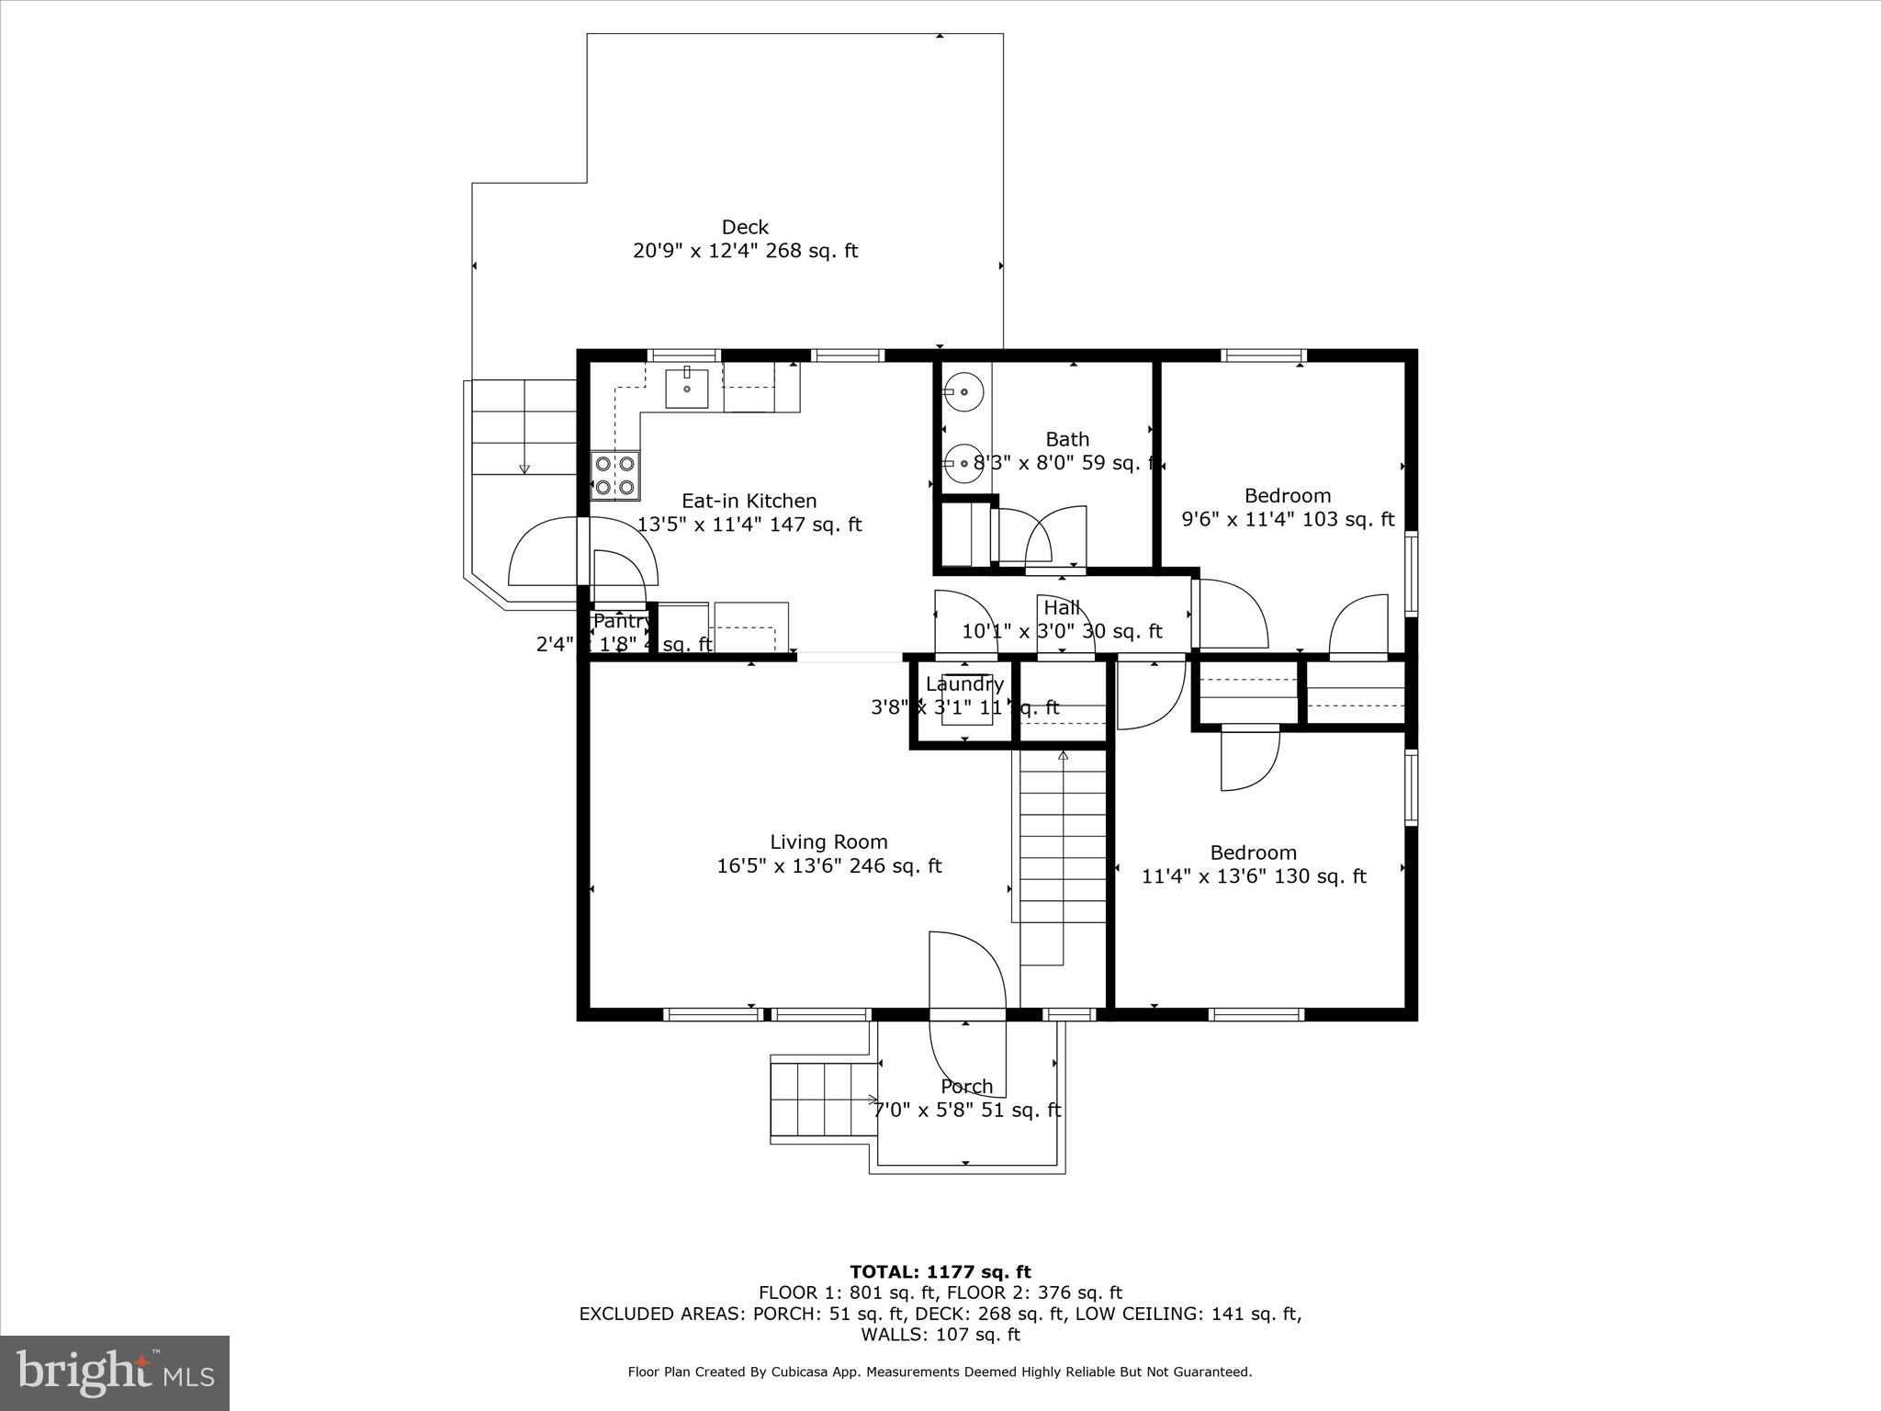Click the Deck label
[x=745, y=227]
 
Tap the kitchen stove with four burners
[x=614, y=476]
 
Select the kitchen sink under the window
[x=687, y=388]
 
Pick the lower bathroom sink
[x=963, y=464]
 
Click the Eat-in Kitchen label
[x=749, y=501]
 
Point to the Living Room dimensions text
[x=828, y=865]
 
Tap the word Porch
[x=966, y=1086]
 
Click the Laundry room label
[x=964, y=684]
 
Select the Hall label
[x=1062, y=607]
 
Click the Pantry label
[x=622, y=621]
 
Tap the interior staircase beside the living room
[x=1063, y=854]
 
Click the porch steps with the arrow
[x=820, y=1099]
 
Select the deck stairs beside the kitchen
[x=524, y=427]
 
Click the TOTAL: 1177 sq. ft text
[x=940, y=1271]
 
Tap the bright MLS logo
[x=115, y=1372]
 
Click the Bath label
[x=1067, y=439]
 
